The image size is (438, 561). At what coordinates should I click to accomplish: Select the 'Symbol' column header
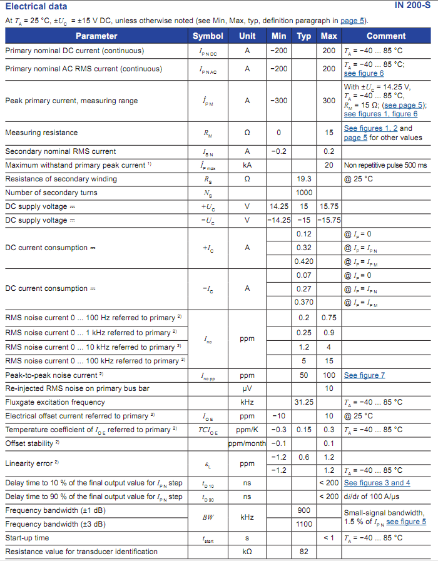point(208,36)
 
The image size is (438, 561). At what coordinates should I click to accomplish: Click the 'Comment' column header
point(386,36)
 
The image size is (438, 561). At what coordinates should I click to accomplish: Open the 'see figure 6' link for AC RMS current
point(364,73)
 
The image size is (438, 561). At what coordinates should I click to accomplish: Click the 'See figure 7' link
point(364,375)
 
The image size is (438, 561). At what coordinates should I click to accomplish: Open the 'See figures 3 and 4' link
point(377,483)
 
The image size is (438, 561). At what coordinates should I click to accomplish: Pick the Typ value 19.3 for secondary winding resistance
point(304,179)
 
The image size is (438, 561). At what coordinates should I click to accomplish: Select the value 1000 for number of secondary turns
point(304,193)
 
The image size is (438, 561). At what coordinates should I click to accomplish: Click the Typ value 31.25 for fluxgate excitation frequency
point(304,402)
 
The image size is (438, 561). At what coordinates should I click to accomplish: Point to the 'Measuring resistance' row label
point(41,133)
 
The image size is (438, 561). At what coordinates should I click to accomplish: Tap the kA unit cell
point(247,165)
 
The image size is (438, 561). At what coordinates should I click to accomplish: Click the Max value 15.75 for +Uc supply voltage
point(329,206)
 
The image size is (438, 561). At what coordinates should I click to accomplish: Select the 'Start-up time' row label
point(27,538)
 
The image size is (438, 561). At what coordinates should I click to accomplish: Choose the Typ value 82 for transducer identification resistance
point(304,552)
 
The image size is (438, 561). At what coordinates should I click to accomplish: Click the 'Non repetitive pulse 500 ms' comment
point(385,165)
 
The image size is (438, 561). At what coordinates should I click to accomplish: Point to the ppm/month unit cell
point(247,443)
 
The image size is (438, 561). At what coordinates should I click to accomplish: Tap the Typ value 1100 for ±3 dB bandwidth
point(304,524)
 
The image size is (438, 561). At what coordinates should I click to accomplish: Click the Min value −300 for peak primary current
point(279,101)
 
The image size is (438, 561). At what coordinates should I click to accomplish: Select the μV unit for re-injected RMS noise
point(247,389)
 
